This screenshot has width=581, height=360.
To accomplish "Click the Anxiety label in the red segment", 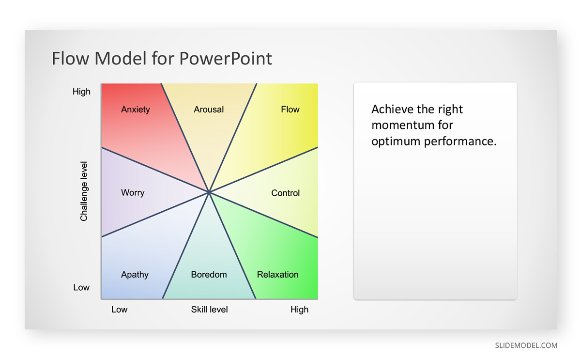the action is (136, 110).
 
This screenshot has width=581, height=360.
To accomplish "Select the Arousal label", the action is (209, 110).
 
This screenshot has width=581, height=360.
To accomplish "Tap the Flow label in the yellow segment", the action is (290, 110).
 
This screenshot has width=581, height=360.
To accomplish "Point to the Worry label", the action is (133, 192).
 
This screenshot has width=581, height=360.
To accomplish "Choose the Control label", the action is (285, 193).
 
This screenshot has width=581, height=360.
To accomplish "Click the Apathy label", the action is (135, 275).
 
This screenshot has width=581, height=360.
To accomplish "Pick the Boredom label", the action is (209, 274).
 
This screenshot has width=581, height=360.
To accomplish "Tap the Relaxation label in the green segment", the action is (277, 274).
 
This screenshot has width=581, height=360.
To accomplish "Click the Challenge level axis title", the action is (84, 191).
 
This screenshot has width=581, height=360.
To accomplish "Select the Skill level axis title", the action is (209, 310).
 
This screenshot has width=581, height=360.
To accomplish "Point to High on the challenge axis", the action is (81, 92).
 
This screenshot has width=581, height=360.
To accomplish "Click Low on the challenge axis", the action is (81, 287).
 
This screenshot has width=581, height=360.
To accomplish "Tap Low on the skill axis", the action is (119, 310).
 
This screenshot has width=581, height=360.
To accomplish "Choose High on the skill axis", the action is (299, 310).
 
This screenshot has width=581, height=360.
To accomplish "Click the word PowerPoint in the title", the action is (226, 58).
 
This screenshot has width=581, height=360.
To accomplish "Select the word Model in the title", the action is (121, 58).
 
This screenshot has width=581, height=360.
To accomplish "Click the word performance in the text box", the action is (460, 141).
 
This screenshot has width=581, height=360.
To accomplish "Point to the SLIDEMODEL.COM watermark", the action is (526, 345).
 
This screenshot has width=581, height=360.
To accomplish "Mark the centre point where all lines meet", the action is (209, 192).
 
